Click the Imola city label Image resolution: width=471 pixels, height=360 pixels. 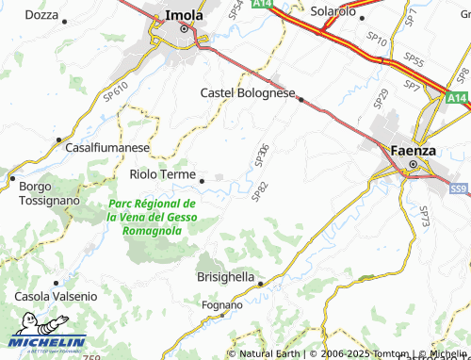[x=182, y=15]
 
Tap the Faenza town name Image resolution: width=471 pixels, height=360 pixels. [x=413, y=149]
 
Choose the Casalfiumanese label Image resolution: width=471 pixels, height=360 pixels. [x=107, y=148]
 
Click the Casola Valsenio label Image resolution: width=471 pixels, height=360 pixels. [x=56, y=296]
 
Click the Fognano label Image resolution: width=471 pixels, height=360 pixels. [x=222, y=305]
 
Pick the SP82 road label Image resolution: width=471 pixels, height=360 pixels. [x=259, y=191]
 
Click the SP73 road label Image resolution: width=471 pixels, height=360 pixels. [x=424, y=216]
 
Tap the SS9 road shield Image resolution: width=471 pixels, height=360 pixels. [x=459, y=189]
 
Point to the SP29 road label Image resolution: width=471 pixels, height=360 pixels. [x=381, y=97]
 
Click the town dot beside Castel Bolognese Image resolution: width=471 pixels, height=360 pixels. [x=300, y=99]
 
